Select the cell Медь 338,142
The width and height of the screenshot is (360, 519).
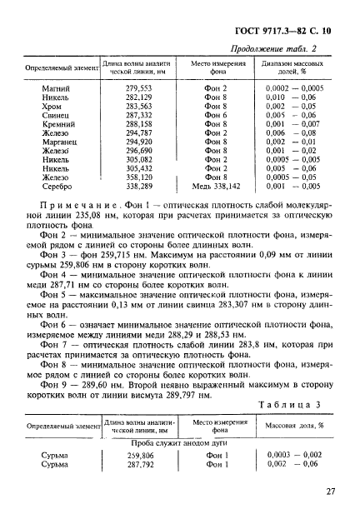[x=215, y=184]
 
